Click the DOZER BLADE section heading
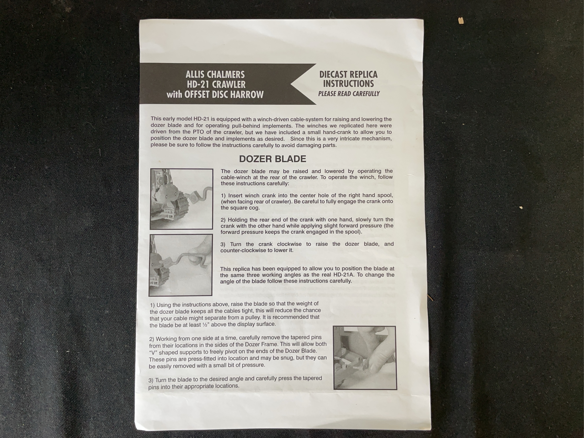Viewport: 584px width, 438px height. [x=272, y=159]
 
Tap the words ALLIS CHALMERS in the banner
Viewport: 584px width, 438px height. [x=215, y=74]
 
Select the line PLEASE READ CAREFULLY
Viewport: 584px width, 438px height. [x=349, y=94]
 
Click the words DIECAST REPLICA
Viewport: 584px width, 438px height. [x=349, y=74]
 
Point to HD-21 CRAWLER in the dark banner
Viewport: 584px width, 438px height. [x=216, y=85]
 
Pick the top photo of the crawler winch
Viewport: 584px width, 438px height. [x=181, y=199]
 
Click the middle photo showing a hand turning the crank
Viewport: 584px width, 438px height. [x=181, y=265]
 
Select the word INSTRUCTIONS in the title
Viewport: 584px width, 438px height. [x=349, y=84]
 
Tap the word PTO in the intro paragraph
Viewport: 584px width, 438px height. [x=198, y=132]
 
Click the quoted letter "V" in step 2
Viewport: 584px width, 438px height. [x=153, y=352]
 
